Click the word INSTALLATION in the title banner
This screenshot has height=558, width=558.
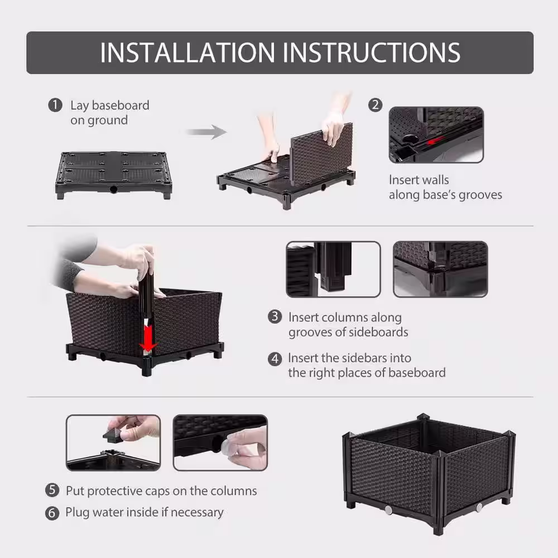coord(187,52)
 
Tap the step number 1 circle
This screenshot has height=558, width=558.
coord(55,105)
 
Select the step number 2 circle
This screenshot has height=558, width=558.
coord(375,105)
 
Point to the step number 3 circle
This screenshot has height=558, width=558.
coord(275,317)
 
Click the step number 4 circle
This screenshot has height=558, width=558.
coord(275,359)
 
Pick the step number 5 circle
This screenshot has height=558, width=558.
coord(52,490)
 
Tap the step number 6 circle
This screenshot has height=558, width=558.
coord(52,513)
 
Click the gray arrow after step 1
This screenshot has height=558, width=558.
coord(206,132)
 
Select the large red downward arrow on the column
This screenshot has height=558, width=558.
coord(148,336)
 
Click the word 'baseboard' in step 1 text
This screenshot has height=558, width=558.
coord(121,105)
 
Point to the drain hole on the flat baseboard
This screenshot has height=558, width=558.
coord(113,189)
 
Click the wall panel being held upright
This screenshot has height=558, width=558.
coord(321,154)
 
